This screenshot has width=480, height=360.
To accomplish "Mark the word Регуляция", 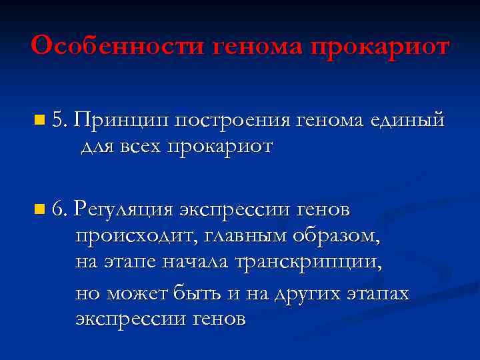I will [123, 211].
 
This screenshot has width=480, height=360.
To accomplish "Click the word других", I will [304, 293].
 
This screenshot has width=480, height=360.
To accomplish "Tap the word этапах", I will [379, 293].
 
